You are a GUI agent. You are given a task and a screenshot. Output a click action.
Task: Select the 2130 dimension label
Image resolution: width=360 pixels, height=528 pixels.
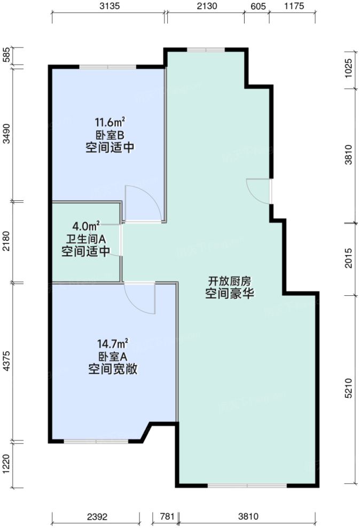pos(206,7)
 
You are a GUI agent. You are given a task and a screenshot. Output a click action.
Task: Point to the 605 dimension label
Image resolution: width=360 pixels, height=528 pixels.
pos(257,7)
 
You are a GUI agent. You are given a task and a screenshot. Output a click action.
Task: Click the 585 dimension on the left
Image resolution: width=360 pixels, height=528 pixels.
pos(7,56)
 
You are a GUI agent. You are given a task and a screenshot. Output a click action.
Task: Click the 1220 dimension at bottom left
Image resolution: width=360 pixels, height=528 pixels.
pos(7,464)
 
